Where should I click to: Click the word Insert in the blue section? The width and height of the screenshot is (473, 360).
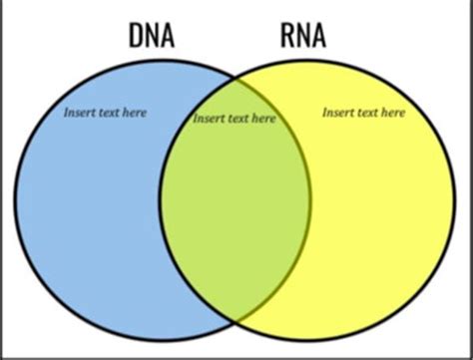(x=79, y=113)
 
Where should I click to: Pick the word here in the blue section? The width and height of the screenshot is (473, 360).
(x=133, y=113)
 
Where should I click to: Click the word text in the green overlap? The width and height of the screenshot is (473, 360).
(x=236, y=119)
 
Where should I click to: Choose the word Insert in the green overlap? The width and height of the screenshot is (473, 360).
(x=209, y=119)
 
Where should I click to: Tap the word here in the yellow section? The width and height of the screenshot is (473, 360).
(x=392, y=113)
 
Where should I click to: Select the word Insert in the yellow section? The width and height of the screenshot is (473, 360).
(x=338, y=113)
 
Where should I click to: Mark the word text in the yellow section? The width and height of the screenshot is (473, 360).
(x=366, y=113)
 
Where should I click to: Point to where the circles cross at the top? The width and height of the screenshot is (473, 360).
(x=236, y=83)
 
